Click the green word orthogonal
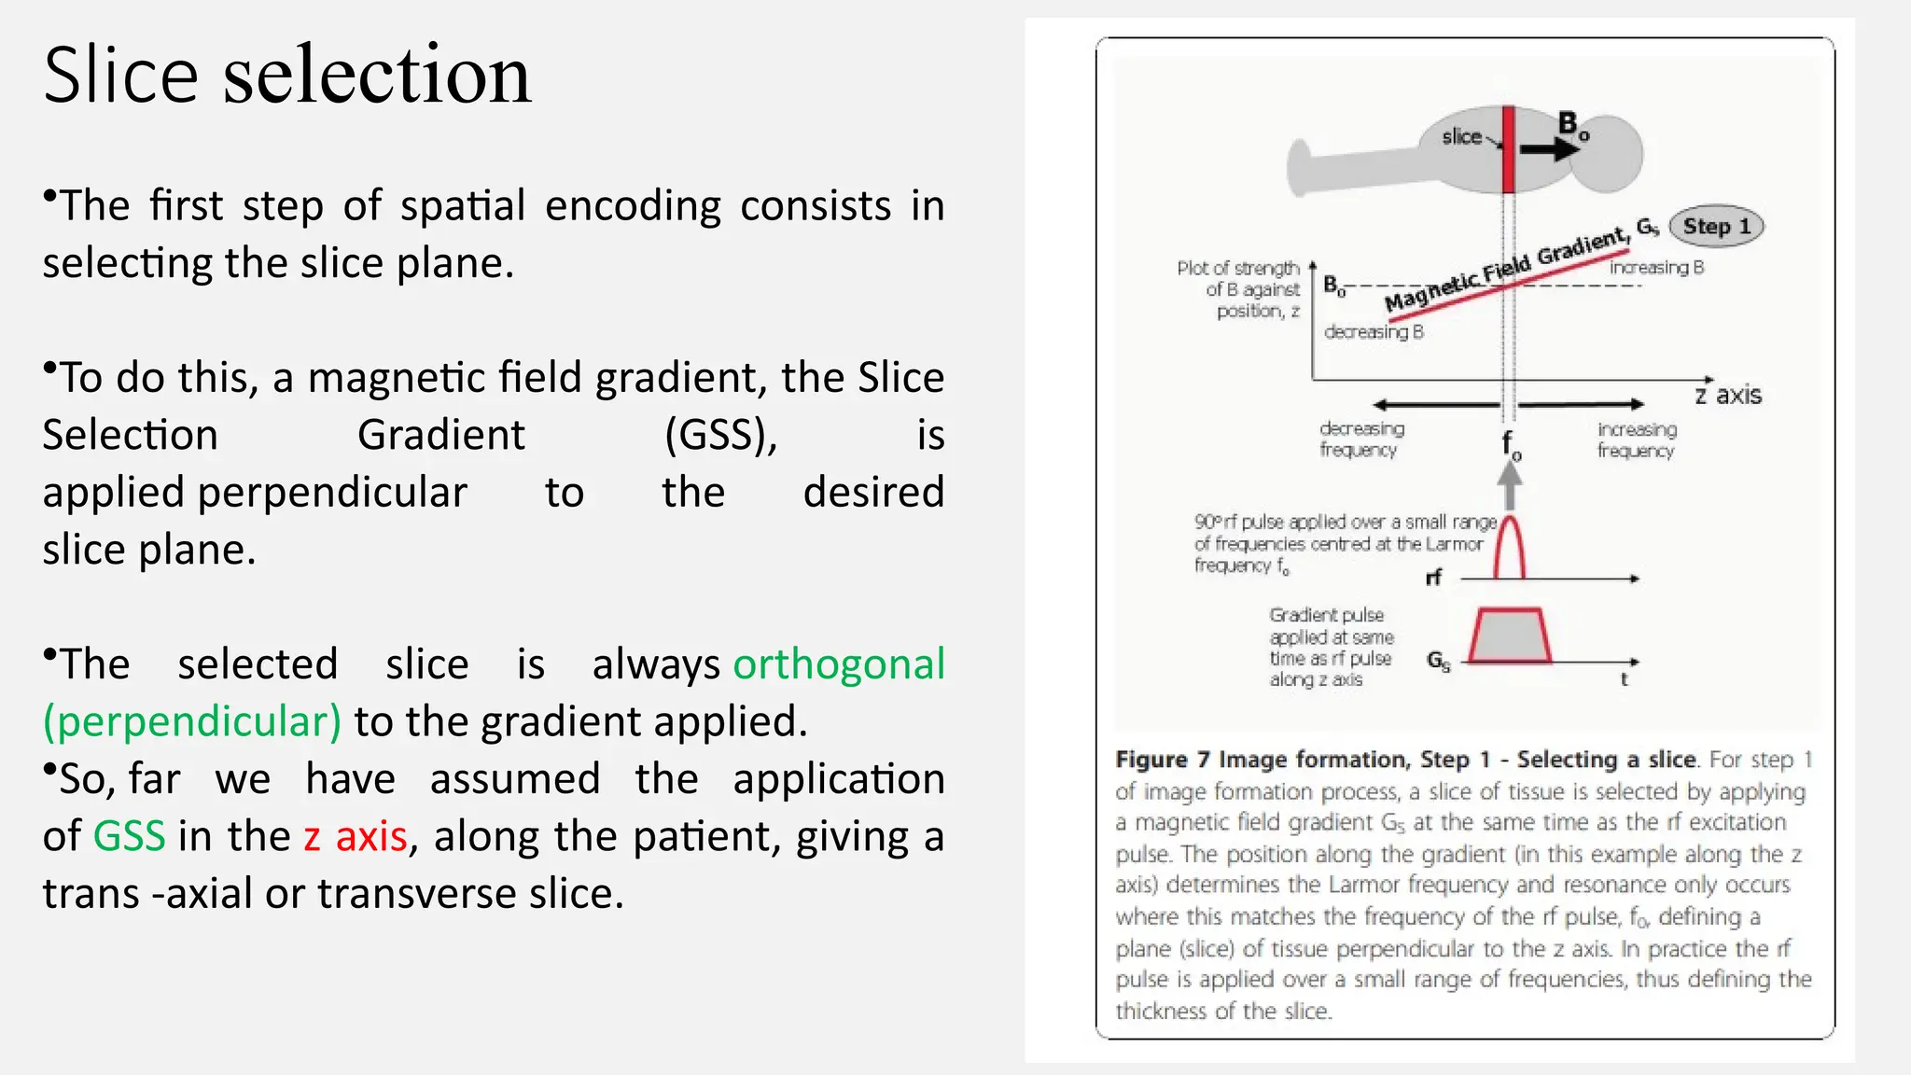pyautogui.click(x=838, y=664)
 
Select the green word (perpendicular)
pyautogui.click(x=192, y=722)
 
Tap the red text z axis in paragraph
pyautogui.click(x=356, y=836)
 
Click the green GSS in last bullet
pyautogui.click(x=129, y=836)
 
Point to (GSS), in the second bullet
pyautogui.click(x=720, y=436)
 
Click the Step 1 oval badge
pyautogui.click(x=1715, y=227)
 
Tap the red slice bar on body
pyautogui.click(x=1507, y=149)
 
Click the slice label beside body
pyautogui.click(x=1461, y=137)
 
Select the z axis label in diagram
pyautogui.click(x=1728, y=396)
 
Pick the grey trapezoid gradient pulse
pyautogui.click(x=1509, y=636)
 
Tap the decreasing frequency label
pyautogui.click(x=1360, y=440)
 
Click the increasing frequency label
pyautogui.click(x=1636, y=440)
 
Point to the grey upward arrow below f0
pyautogui.click(x=1510, y=485)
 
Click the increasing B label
pyautogui.click(x=1656, y=268)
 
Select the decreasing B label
pyautogui.click(x=1373, y=332)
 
